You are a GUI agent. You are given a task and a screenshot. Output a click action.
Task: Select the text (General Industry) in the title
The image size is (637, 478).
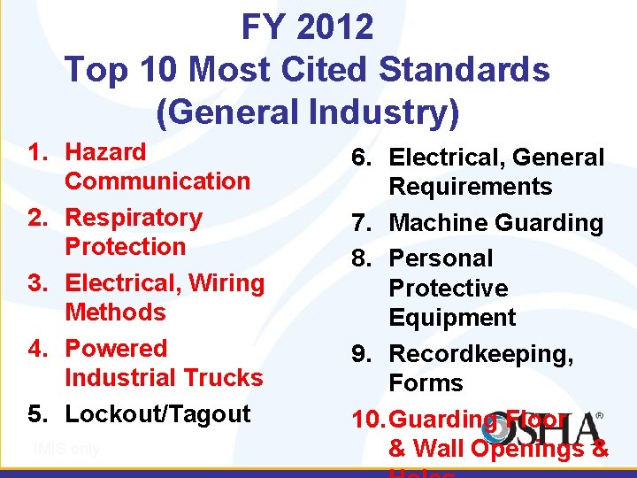(x=308, y=112)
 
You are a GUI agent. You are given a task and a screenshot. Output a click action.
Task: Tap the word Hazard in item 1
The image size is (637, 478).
(x=106, y=152)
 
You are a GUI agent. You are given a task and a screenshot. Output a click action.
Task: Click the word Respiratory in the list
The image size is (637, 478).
(x=134, y=218)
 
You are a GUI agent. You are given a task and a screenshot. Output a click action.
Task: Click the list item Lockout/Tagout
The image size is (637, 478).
(x=158, y=414)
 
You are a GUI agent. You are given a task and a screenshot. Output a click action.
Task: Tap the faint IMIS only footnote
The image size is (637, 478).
(x=65, y=449)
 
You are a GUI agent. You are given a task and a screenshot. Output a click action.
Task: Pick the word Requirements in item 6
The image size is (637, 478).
(x=471, y=188)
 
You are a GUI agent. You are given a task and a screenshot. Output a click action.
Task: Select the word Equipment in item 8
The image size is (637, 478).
(x=452, y=318)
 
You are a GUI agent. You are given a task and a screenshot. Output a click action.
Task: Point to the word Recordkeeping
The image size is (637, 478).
(x=481, y=354)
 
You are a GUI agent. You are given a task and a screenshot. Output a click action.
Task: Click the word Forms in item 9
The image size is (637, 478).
(x=426, y=383)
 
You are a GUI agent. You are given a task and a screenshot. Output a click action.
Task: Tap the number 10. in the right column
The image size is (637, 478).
(x=367, y=420)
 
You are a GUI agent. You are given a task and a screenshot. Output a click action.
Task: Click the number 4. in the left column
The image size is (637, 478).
(x=36, y=349)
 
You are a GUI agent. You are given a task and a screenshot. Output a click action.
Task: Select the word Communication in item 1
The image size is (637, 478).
(x=157, y=181)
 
